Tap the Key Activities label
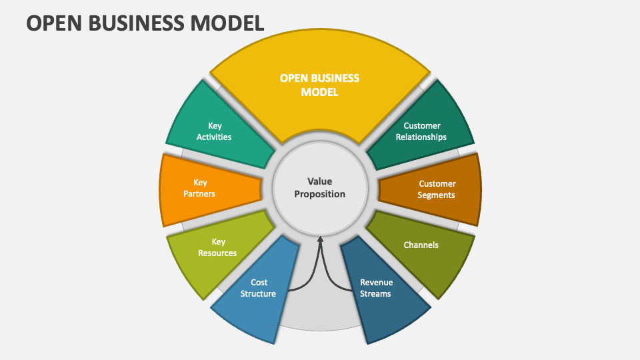(x=214, y=131)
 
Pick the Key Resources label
(x=217, y=247)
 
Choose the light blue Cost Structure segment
(x=257, y=293)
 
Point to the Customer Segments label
(x=437, y=189)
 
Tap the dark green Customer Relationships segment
(x=421, y=131)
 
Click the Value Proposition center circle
(x=320, y=187)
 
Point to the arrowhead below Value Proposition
(x=321, y=240)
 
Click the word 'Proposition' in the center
(x=320, y=194)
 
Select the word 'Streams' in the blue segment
(x=376, y=293)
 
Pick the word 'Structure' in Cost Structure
(x=258, y=293)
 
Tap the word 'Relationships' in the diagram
(x=421, y=137)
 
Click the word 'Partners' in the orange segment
(x=200, y=194)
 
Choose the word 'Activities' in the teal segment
(x=214, y=137)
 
